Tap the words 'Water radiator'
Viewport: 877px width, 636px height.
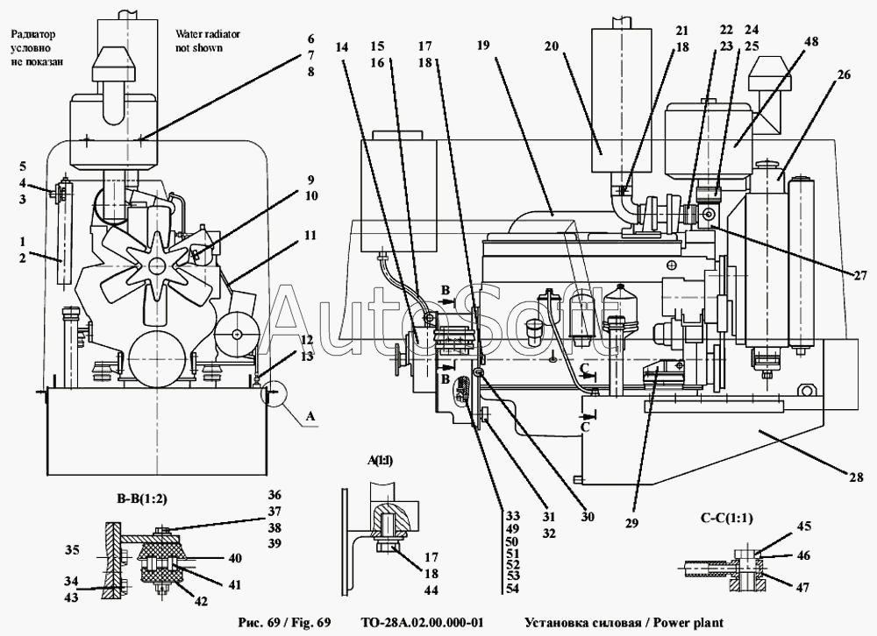pos(208,34)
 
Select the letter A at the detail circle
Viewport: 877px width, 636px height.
pos(310,420)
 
